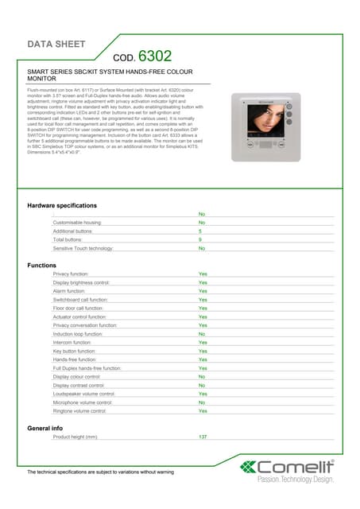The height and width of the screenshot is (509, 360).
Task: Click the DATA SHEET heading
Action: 56,44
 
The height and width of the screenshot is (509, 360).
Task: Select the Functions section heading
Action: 42,265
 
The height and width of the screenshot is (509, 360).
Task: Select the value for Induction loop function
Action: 202,334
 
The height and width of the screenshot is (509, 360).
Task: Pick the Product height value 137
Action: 203,437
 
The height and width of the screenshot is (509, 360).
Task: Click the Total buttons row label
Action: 69,239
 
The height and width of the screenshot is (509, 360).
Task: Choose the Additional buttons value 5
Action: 200,231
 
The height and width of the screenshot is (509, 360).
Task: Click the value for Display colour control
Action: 202,377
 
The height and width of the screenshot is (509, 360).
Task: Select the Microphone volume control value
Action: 202,402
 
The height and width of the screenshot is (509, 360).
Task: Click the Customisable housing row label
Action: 77,223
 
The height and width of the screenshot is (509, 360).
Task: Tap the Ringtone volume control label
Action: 79,411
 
